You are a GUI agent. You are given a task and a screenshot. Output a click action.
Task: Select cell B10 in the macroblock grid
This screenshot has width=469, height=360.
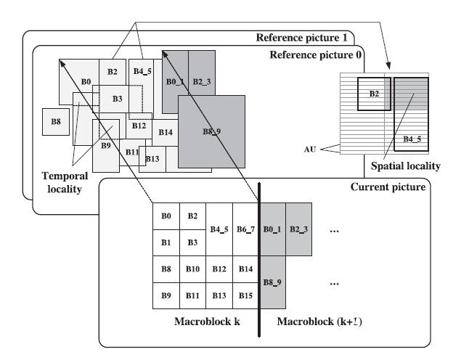(x=192, y=269)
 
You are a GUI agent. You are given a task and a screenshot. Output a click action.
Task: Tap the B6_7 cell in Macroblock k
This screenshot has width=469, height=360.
(x=246, y=229)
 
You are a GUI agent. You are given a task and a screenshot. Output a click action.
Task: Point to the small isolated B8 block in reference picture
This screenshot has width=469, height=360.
(x=55, y=122)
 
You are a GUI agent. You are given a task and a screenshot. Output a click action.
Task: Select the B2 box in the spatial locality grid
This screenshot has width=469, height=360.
(x=374, y=93)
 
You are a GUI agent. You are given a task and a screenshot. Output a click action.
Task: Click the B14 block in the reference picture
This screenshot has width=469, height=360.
(x=165, y=132)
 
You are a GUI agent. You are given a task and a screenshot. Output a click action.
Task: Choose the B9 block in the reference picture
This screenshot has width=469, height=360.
(x=106, y=145)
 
